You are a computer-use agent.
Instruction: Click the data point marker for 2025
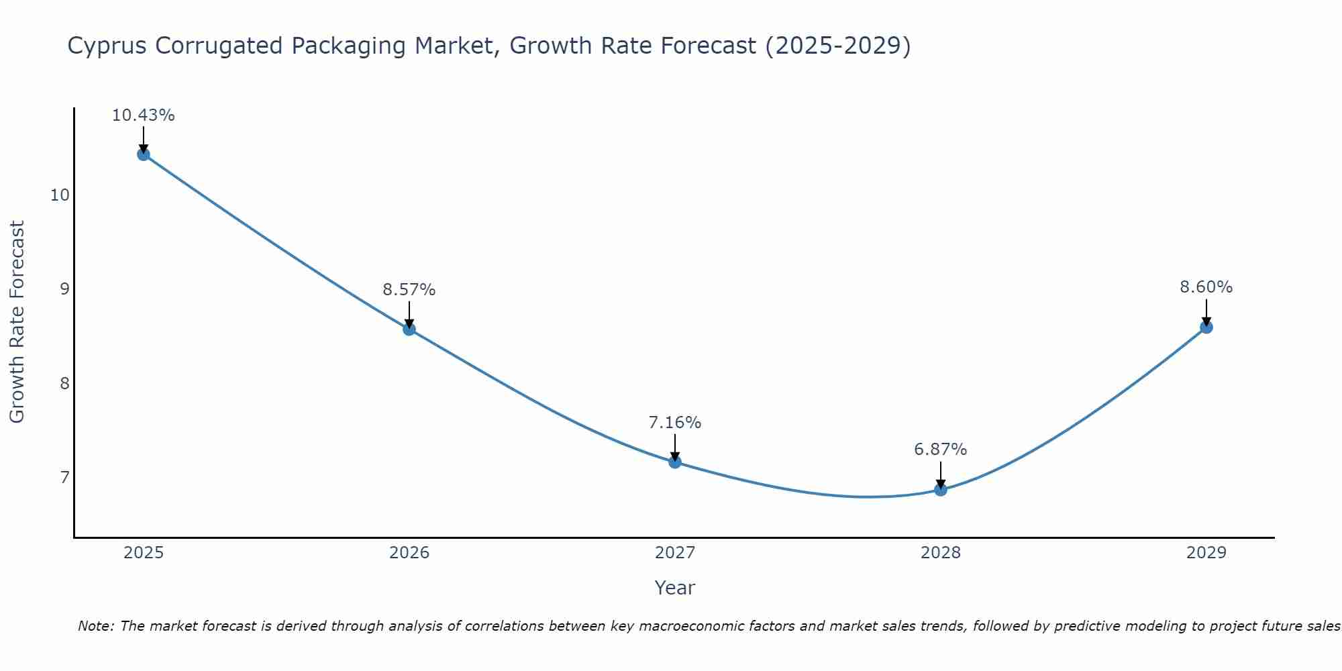point(144,154)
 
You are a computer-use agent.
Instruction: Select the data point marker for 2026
point(409,329)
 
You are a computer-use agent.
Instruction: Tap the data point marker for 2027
point(675,462)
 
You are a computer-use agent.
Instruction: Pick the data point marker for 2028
point(941,489)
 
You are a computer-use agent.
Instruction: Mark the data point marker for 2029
point(1206,327)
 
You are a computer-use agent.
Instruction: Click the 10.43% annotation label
point(143,115)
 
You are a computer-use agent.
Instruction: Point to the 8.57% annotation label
point(409,290)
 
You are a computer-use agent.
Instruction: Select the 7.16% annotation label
point(675,423)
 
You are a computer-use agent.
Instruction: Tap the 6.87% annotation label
point(941,450)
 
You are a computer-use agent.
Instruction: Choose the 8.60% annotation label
point(1206,287)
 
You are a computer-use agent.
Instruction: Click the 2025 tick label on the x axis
point(144,553)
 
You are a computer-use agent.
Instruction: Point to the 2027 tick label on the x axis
point(675,553)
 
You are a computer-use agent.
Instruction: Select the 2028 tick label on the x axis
point(941,553)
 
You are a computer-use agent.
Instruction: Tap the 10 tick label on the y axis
point(60,195)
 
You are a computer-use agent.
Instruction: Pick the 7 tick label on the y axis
point(64,478)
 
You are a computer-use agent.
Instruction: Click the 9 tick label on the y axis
point(64,289)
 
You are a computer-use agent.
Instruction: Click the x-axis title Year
point(675,588)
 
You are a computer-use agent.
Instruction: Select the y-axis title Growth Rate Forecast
point(17,322)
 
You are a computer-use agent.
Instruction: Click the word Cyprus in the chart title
point(108,46)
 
